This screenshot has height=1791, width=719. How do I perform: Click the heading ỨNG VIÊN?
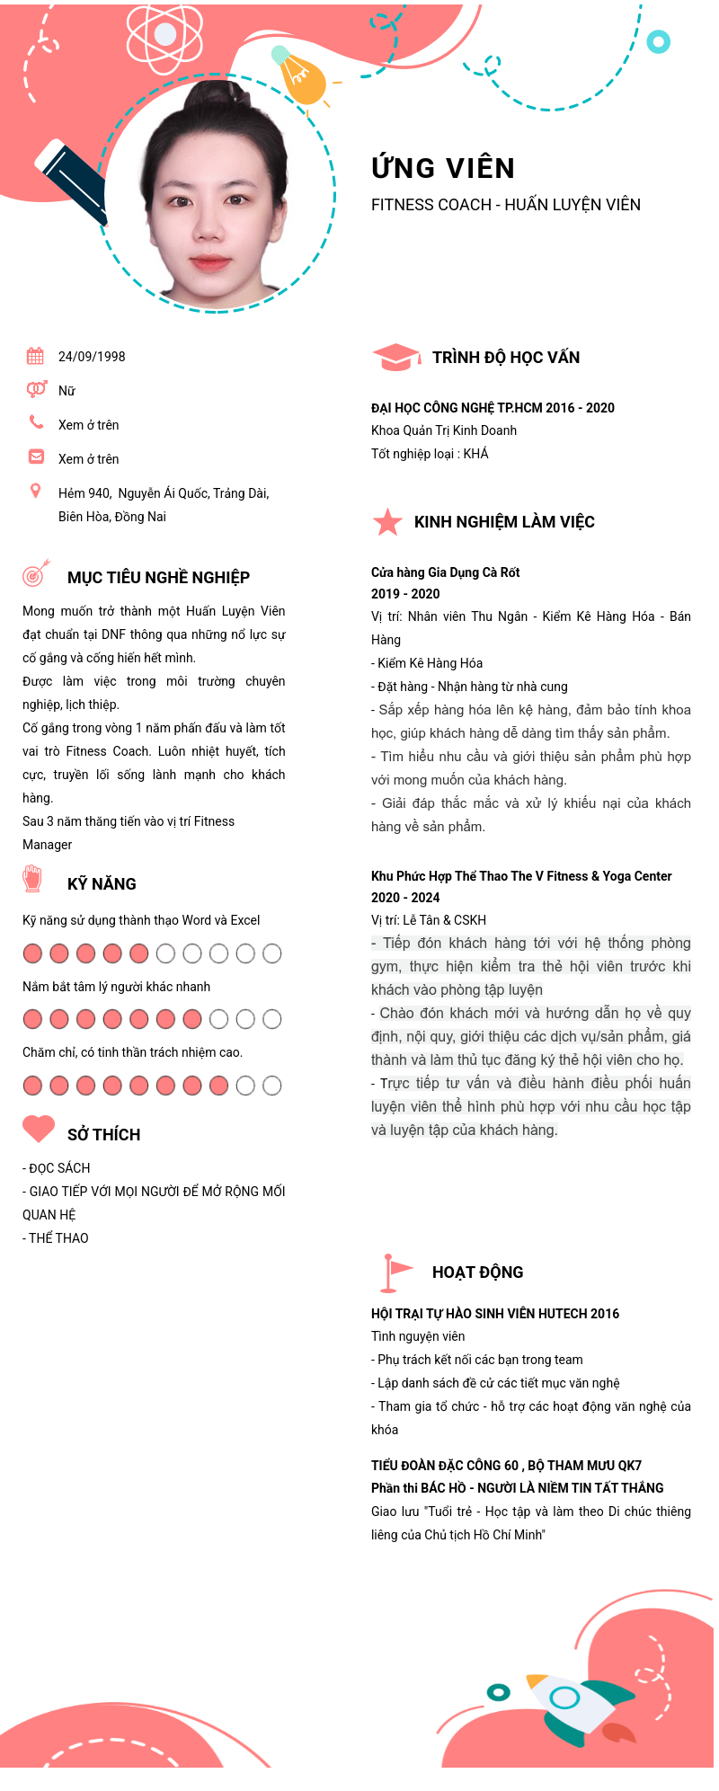[x=443, y=168]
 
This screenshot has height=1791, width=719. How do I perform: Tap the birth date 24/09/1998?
[x=92, y=357]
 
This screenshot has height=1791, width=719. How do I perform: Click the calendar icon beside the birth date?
[x=35, y=356]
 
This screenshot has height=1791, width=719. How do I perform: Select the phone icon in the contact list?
[x=36, y=421]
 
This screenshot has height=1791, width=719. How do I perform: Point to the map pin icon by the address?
[x=36, y=491]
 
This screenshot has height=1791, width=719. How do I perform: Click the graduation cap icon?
[x=395, y=357]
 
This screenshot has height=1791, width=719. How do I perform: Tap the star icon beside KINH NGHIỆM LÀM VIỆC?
[x=387, y=521]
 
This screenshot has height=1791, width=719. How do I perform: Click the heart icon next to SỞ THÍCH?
[x=39, y=1129]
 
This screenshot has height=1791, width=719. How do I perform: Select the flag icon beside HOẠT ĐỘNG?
[x=395, y=1271]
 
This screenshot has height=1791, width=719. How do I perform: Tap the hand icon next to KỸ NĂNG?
[x=32, y=878]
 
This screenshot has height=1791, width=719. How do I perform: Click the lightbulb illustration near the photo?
[x=300, y=77]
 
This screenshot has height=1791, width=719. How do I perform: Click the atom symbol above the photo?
[x=164, y=36]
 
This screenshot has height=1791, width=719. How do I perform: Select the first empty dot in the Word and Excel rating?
[x=165, y=953]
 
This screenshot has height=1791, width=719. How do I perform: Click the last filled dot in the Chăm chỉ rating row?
[x=218, y=1086]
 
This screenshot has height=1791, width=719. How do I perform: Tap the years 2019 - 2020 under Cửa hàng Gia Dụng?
[x=405, y=594]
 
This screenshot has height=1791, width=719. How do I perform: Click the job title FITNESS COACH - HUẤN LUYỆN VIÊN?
[x=506, y=205]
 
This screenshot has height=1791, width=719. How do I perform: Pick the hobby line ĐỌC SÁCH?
[x=57, y=1168]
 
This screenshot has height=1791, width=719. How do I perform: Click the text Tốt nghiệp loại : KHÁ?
[x=430, y=454]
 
